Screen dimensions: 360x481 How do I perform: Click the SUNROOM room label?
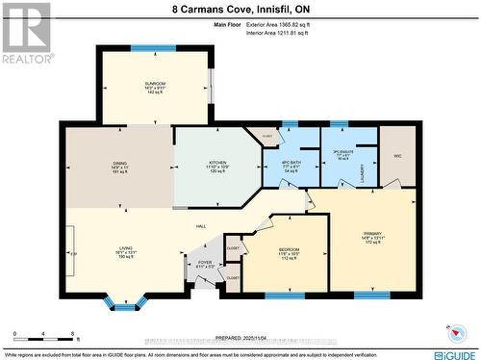(154, 84)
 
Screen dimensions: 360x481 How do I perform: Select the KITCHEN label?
(217, 163)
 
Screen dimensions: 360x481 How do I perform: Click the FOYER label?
(204, 260)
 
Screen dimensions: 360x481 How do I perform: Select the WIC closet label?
(396, 155)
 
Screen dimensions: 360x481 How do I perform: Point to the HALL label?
(201, 226)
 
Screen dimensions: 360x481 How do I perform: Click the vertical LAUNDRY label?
(363, 173)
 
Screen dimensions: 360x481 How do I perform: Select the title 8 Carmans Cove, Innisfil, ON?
(240, 8)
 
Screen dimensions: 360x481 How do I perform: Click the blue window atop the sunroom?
(153, 47)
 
